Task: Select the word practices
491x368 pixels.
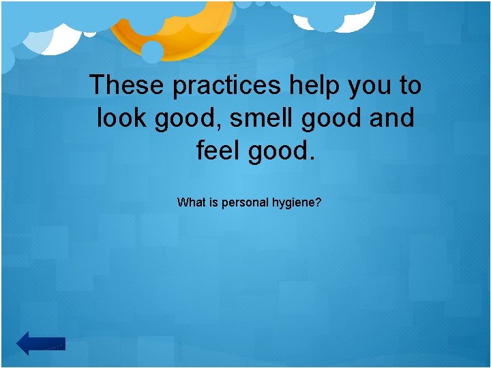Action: (226, 86)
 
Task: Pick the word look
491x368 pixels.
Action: (123, 119)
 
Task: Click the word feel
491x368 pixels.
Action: (219, 151)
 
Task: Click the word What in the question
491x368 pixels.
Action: (190, 202)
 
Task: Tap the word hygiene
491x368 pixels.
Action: (294, 203)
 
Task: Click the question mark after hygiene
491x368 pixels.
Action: (318, 202)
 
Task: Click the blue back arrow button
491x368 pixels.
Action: (41, 343)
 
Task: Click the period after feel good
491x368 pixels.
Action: (313, 157)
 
